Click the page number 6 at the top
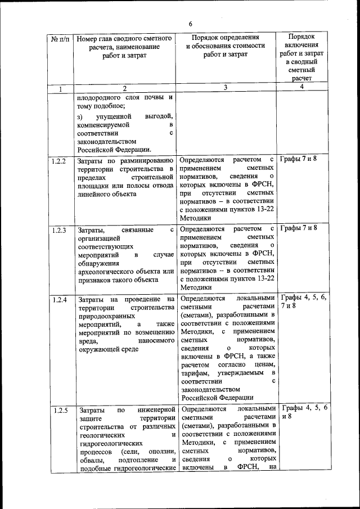(190, 24)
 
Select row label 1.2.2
(59, 161)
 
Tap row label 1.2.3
(59, 230)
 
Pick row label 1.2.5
(59, 410)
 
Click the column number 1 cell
(60, 88)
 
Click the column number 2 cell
(125, 88)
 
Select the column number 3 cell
(225, 88)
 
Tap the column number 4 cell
(301, 87)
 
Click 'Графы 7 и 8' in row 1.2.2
(299, 160)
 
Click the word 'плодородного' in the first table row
(100, 97)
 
